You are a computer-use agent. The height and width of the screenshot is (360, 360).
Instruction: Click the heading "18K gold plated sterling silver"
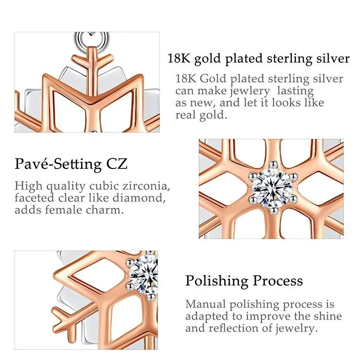point(259,59)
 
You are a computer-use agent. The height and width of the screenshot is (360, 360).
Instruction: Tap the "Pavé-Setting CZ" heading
point(71,164)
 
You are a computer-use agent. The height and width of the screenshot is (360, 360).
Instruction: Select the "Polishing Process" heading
point(244,281)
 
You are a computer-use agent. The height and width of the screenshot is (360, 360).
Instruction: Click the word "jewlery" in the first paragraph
point(250,91)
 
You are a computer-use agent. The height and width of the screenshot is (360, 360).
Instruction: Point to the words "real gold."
point(201,115)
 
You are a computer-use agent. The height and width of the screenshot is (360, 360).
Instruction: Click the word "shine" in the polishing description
point(328,316)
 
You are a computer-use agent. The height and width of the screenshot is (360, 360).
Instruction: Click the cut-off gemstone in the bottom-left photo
point(144,275)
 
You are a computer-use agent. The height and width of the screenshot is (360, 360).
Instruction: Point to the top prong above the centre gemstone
point(273,164)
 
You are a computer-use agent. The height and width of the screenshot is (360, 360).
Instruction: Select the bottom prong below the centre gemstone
point(273,210)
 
